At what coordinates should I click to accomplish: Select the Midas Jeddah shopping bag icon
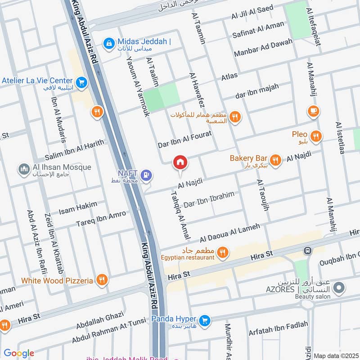108,43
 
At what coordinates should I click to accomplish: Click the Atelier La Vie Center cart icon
81,82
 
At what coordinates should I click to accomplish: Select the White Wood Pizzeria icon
102,280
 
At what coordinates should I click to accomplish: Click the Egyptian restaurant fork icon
222,253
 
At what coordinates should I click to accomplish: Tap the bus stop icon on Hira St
308,250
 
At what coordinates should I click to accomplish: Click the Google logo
18,353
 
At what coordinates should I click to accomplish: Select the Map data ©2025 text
335,355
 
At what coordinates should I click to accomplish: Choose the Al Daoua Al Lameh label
230,232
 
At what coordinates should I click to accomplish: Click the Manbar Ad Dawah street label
263,48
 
